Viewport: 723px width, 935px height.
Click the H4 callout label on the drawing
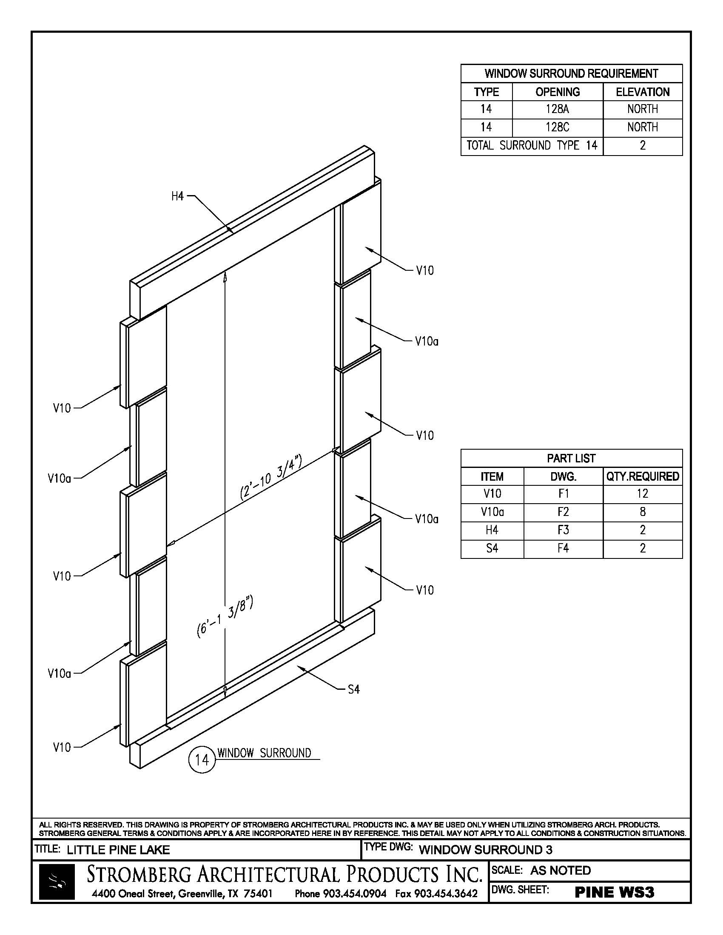click(x=177, y=196)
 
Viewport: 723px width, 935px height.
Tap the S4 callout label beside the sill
click(x=353, y=689)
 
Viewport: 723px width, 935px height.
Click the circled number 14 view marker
click(x=201, y=759)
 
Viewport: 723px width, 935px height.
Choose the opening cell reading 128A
click(x=557, y=109)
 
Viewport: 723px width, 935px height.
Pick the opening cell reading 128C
click(x=557, y=127)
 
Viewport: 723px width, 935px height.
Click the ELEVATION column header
click(x=643, y=92)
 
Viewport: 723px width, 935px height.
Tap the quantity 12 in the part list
click(x=643, y=493)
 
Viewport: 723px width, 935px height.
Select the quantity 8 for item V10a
click(x=643, y=512)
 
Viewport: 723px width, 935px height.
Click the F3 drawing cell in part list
click(x=563, y=530)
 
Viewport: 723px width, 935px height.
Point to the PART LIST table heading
click(x=571, y=459)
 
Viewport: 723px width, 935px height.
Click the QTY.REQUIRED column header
click(x=643, y=476)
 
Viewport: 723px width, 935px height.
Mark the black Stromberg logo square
click(x=57, y=881)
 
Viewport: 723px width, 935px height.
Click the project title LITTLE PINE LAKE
click(x=118, y=850)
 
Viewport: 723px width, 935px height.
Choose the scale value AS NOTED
click(x=560, y=870)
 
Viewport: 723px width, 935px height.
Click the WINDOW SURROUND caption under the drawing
click(x=264, y=753)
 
